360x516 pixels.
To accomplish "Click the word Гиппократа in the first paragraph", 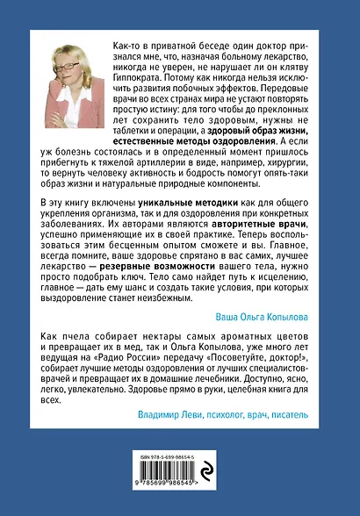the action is (x=141, y=76).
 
